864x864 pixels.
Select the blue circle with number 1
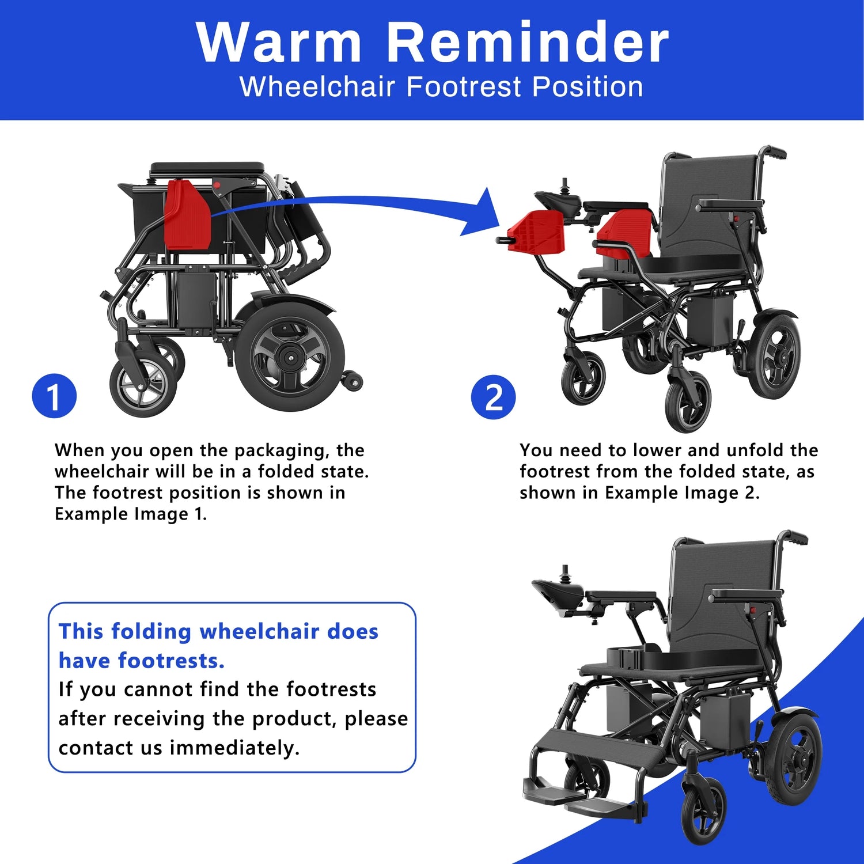54,396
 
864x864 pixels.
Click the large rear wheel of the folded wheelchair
289,357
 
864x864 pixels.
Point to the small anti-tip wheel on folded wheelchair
352,381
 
